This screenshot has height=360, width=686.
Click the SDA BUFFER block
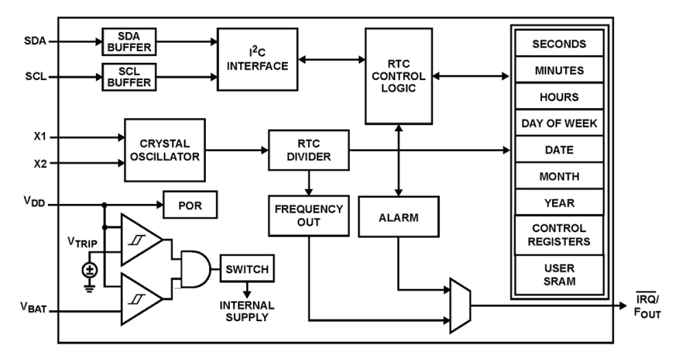pyautogui.click(x=129, y=41)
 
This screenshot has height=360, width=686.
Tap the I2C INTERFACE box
pyautogui.click(x=257, y=59)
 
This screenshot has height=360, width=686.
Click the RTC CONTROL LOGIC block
pyautogui.click(x=399, y=76)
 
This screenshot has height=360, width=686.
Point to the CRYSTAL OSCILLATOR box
pyautogui.click(x=165, y=150)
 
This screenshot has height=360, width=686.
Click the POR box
pyautogui.click(x=190, y=204)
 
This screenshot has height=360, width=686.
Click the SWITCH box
pyautogui.click(x=248, y=268)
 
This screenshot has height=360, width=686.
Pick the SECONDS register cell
pyautogui.click(x=559, y=44)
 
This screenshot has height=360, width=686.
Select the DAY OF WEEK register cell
pyautogui.click(x=559, y=123)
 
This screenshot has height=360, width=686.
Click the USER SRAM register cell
pyautogui.click(x=559, y=274)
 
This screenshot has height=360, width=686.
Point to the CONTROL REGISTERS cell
pyautogui.click(x=559, y=234)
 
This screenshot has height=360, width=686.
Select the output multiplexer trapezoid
pyautogui.click(x=460, y=305)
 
